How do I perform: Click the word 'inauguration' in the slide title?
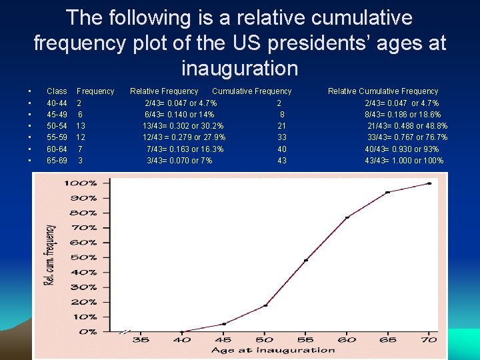(x=239, y=68)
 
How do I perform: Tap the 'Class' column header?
(x=57, y=91)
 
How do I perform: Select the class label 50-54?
(x=57, y=126)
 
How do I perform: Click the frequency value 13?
(x=81, y=126)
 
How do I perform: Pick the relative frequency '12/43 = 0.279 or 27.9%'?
(x=184, y=137)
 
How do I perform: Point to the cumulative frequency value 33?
(x=282, y=137)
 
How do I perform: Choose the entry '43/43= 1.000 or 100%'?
(x=404, y=161)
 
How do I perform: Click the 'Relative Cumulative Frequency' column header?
(x=383, y=91)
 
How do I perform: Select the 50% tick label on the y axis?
(x=84, y=257)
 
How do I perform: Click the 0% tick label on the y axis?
(x=87, y=331)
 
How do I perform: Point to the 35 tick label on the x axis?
(x=141, y=340)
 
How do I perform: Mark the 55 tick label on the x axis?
(x=305, y=340)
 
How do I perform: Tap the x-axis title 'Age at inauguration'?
(x=273, y=350)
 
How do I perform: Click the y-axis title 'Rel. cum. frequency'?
(x=51, y=255)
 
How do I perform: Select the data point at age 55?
(x=305, y=260)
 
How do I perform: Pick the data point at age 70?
(x=429, y=183)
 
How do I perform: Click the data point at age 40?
(x=182, y=331)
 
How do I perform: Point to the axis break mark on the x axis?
(x=124, y=331)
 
